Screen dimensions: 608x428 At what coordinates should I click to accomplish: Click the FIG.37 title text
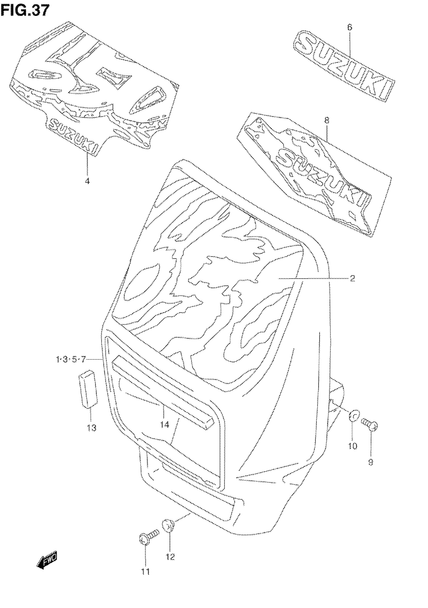tap(25, 11)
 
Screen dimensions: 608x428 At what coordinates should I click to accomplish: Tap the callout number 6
tap(350, 27)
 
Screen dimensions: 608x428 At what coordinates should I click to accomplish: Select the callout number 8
tap(327, 121)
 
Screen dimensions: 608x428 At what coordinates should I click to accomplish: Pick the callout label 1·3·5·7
tap(71, 359)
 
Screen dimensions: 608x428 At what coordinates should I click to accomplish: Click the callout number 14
tap(164, 425)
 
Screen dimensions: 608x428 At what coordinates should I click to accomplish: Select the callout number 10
tap(352, 446)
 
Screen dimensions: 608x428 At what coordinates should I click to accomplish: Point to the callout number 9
tap(371, 462)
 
